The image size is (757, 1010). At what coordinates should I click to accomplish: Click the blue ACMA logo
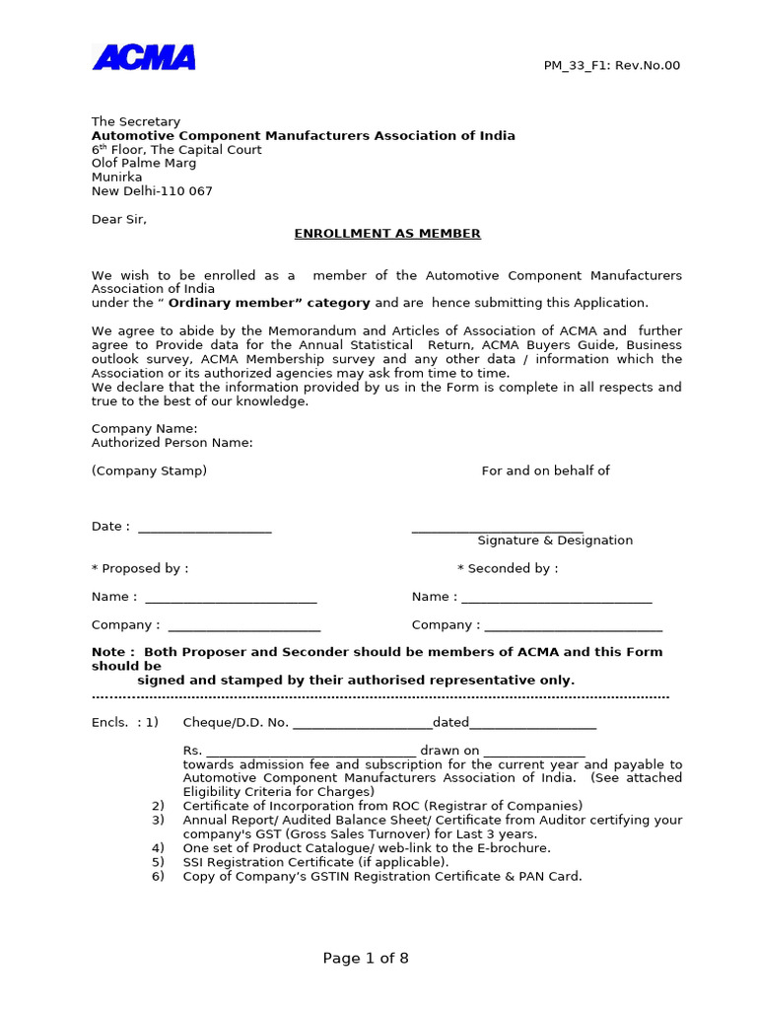(144, 58)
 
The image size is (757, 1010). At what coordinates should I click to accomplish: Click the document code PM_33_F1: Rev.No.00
(611, 66)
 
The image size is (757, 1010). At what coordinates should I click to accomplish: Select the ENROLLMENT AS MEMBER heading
(387, 234)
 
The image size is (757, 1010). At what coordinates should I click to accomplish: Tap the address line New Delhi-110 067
(152, 191)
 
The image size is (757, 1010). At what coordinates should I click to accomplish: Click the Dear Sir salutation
(119, 219)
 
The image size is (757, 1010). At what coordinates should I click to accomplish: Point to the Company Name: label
(145, 428)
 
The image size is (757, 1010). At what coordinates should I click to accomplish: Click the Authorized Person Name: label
(172, 443)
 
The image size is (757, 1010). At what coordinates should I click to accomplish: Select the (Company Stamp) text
(149, 470)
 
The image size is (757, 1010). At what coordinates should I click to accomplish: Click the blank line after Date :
(204, 528)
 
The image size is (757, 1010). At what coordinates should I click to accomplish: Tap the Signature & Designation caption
(555, 541)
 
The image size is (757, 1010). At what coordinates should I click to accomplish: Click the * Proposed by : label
(140, 568)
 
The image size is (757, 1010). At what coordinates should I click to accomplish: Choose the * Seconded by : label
(508, 568)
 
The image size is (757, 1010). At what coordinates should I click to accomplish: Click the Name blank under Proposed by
(231, 598)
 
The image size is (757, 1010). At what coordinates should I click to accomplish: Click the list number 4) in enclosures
(158, 848)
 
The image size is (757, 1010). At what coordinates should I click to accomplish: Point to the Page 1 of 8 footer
(366, 959)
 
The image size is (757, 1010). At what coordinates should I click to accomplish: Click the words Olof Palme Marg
(144, 164)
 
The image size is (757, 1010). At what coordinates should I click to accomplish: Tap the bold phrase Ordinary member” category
(269, 303)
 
